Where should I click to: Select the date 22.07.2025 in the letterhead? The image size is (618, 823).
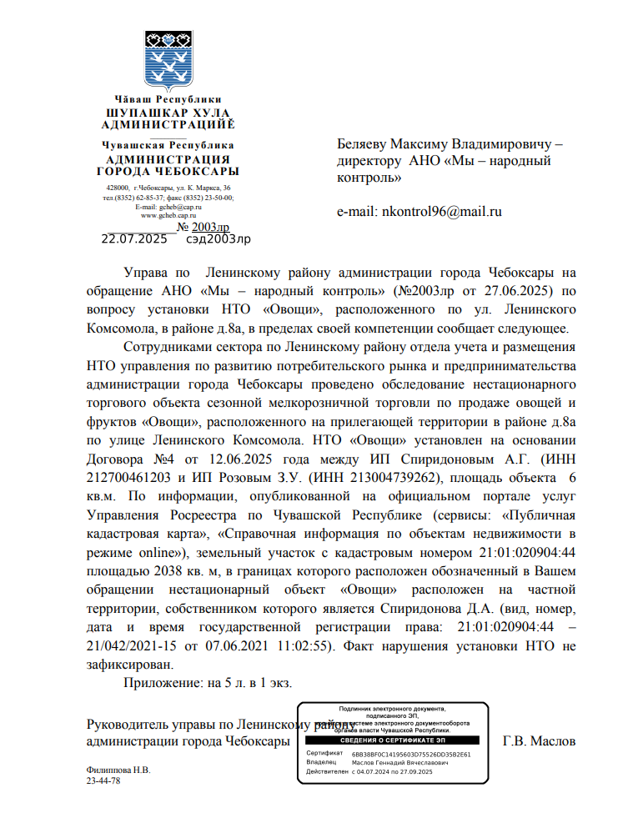(134, 238)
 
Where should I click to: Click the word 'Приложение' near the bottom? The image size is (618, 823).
(158, 684)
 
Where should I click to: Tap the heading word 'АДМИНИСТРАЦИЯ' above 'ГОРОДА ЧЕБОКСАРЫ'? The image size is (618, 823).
(168, 158)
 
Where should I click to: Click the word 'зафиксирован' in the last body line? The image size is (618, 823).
(128, 665)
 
